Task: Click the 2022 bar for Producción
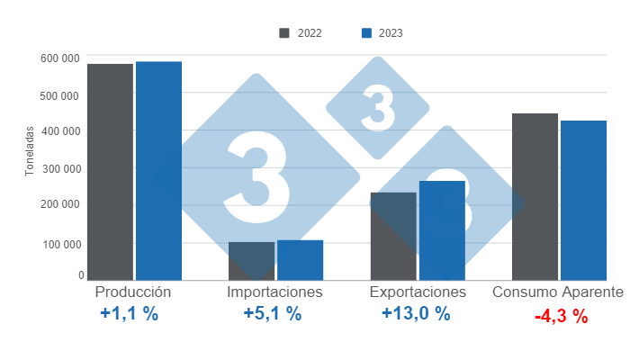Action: click(110, 172)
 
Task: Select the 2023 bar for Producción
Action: click(158, 171)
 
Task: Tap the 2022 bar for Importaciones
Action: click(251, 261)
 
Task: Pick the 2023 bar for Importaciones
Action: click(300, 260)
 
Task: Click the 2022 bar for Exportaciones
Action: click(393, 236)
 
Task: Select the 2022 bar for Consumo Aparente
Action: click(535, 196)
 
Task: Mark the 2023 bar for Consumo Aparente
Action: click(583, 200)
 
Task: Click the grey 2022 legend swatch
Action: click(284, 33)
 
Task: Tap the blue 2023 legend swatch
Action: click(366, 33)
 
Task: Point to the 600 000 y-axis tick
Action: click(60, 58)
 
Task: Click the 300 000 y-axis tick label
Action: click(60, 168)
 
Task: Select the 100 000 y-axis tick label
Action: click(60, 244)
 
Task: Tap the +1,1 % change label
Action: click(130, 314)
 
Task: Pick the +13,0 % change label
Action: click(415, 314)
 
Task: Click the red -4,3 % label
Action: click(561, 317)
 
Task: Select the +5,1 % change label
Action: click(273, 314)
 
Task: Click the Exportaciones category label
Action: click(418, 292)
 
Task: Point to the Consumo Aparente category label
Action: click(558, 292)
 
